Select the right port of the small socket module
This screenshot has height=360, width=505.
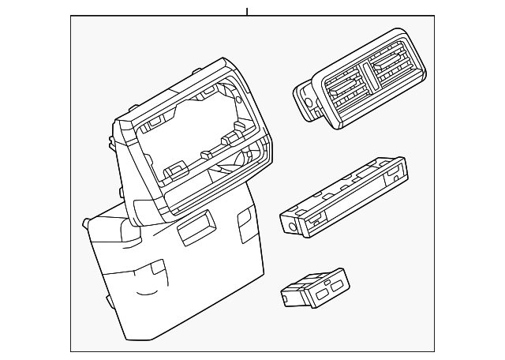pos(331,283)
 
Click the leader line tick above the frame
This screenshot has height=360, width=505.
pos(247,11)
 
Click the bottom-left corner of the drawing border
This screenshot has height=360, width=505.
pos(71,351)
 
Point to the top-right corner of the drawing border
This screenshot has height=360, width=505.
pos(434,17)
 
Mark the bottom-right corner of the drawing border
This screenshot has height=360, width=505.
pos(434,351)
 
